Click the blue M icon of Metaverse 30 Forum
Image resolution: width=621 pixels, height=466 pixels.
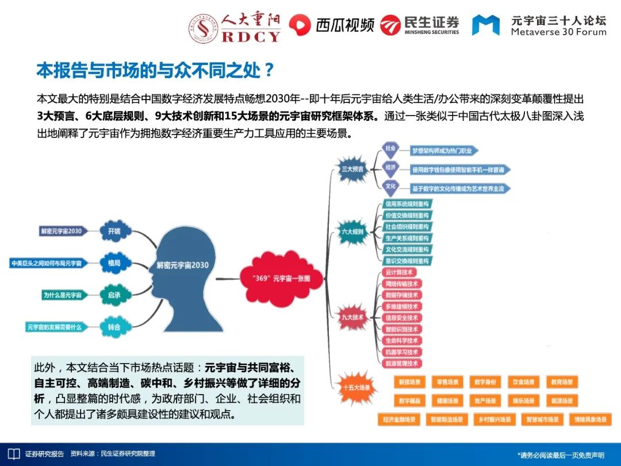tap(486, 25)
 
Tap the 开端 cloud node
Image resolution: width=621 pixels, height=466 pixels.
tap(113, 231)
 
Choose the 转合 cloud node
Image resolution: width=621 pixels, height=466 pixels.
tap(113, 327)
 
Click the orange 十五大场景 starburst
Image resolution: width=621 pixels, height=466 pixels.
tap(356, 387)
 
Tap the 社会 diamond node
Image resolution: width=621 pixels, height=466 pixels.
tap(391, 148)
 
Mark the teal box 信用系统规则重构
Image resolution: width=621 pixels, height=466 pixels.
tap(407, 204)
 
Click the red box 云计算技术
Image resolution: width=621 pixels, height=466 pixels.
tap(400, 273)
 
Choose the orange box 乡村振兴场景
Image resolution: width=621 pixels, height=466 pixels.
tap(494, 420)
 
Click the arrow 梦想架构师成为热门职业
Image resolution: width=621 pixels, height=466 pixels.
tap(443, 151)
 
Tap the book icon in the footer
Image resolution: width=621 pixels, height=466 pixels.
tap(13, 454)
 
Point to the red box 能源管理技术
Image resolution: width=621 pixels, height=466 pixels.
tap(402, 364)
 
